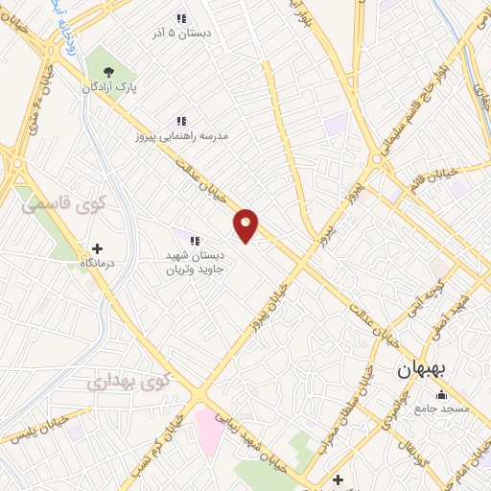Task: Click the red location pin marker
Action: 246,224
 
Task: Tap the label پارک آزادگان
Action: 107,87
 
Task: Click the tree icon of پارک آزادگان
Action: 107,71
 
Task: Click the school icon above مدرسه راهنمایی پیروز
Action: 180,121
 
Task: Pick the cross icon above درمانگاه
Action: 97,248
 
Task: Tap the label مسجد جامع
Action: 442,409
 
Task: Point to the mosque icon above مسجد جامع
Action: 442,395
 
